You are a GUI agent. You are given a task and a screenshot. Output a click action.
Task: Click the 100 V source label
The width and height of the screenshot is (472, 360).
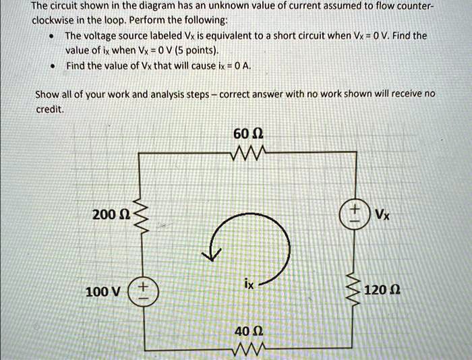pyautogui.click(x=103, y=292)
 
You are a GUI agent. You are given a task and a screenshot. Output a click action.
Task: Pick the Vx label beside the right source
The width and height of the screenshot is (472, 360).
pyautogui.click(x=382, y=216)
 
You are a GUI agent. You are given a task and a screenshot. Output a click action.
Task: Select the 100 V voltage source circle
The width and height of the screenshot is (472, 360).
pyautogui.click(x=141, y=293)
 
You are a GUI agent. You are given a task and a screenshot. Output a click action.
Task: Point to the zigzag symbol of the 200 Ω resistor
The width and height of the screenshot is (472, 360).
pyautogui.click(x=141, y=215)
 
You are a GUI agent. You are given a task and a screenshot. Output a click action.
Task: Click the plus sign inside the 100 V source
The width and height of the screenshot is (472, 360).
pyautogui.click(x=142, y=287)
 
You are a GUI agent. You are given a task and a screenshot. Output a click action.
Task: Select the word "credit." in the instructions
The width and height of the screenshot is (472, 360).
pyautogui.click(x=49, y=108)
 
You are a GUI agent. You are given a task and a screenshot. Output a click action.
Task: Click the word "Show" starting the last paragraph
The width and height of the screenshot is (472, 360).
pyautogui.click(x=47, y=94)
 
